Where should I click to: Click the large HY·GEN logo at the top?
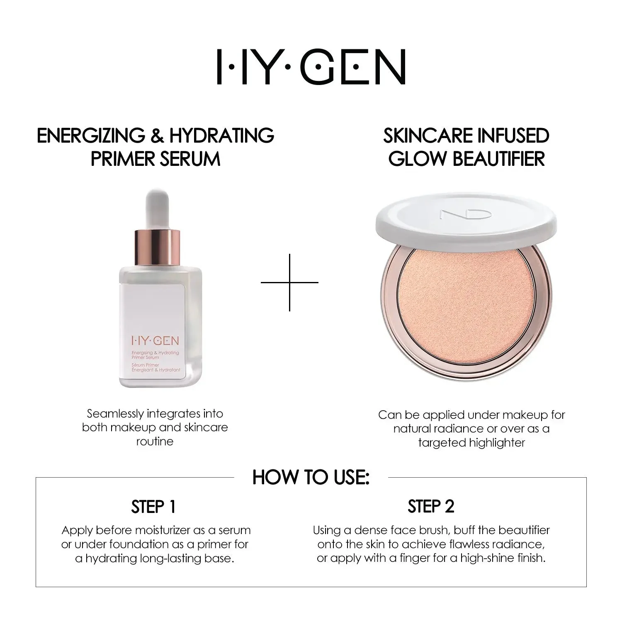tap(311, 67)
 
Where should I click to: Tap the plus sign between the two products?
tap(289, 282)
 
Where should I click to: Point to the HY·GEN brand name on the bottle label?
tap(155, 341)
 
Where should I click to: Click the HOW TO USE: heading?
tap(311, 477)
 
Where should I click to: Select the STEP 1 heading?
tap(153, 507)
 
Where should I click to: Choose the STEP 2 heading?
tap(431, 507)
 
